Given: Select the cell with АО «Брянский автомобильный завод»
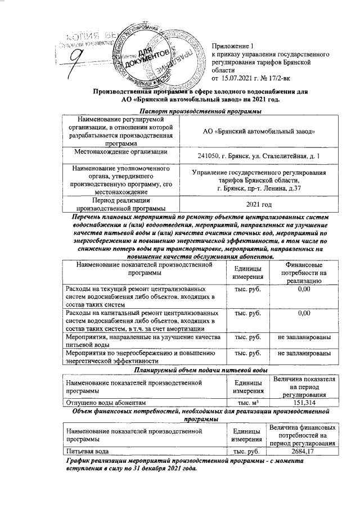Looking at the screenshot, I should point(259,131).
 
